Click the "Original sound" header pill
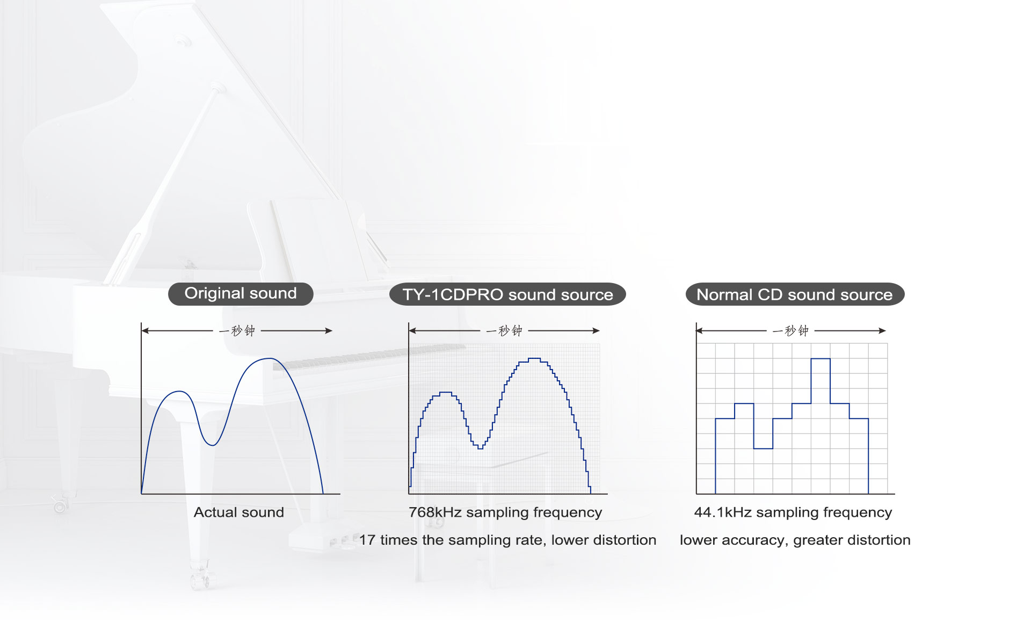click(241, 294)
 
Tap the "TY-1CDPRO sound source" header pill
click(507, 294)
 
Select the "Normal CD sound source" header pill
click(795, 294)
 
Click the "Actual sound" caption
click(239, 512)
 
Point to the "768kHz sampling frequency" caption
click(505, 513)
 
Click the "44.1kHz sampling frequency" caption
click(793, 513)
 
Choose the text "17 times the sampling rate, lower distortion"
click(508, 540)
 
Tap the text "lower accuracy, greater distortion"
click(795, 540)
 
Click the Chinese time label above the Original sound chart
click(237, 330)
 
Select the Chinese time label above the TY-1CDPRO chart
click(504, 330)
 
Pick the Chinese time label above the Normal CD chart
click(790, 330)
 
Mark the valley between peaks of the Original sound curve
click(213, 445)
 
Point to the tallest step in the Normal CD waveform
click(821, 359)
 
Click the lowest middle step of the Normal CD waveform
click(763, 448)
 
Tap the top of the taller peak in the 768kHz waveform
click(534, 358)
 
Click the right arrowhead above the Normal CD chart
click(882, 330)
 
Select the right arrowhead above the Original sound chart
click(329, 330)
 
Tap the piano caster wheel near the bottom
click(60, 506)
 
